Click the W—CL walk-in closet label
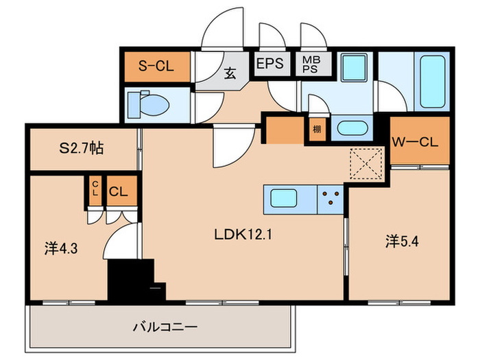[415, 142]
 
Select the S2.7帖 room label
[81, 148]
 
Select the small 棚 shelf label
[317, 129]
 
